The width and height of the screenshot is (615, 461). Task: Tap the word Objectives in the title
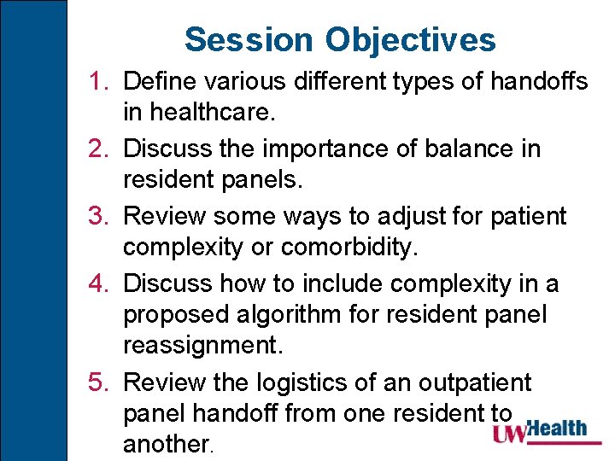pos(410,39)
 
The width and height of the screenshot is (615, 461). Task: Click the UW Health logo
pos(539,431)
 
